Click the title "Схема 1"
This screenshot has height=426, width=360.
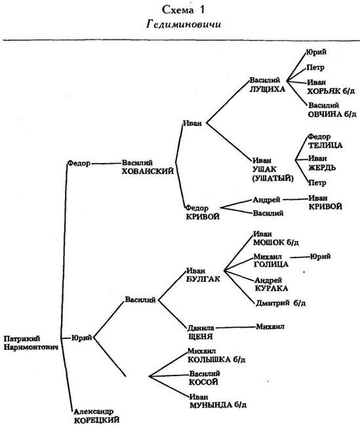click(x=183, y=10)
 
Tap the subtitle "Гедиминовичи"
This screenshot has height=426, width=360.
click(x=184, y=24)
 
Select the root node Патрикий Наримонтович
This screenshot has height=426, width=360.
click(x=31, y=343)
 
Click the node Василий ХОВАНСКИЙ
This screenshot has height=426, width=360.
click(x=148, y=167)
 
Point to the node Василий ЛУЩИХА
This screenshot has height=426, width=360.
click(x=268, y=85)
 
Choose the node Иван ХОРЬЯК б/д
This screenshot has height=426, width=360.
click(x=331, y=87)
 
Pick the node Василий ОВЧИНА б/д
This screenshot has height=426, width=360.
click(x=332, y=109)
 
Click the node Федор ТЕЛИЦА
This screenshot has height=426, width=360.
click(x=325, y=141)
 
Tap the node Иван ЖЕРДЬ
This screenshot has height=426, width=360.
click(x=322, y=163)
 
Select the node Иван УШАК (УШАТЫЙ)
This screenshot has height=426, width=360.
click(x=273, y=170)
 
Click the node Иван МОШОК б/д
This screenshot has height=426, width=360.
click(x=276, y=239)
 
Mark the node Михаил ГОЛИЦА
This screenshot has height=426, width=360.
click(x=271, y=260)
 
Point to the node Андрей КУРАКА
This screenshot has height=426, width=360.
click(x=271, y=284)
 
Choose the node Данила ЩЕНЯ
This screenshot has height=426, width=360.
click(x=201, y=332)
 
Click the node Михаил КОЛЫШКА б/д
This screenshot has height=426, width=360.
click(x=216, y=355)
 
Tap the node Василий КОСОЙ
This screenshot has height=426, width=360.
click(x=205, y=378)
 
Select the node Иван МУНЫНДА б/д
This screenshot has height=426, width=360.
click(x=218, y=401)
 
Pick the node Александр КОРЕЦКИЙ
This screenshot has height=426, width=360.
click(x=97, y=416)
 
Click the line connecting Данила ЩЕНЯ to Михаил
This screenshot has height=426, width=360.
click(x=235, y=327)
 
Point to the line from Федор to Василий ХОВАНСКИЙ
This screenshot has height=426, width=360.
click(x=106, y=164)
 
